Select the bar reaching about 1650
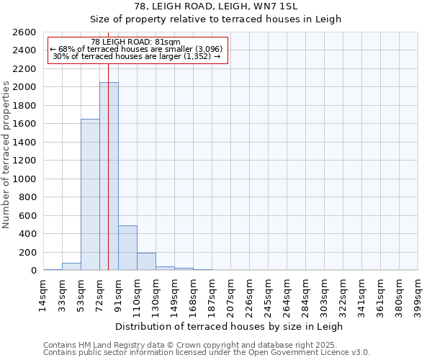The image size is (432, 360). (x=90, y=194)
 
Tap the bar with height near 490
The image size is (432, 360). (x=127, y=248)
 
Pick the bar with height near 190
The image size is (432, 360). (x=146, y=261)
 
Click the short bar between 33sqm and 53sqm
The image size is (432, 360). (x=71, y=266)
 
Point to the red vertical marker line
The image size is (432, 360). (x=108, y=144)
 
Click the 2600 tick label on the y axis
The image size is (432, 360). (x=24, y=32)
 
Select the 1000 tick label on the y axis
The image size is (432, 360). (x=24, y=179)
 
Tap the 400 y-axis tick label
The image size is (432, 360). (x=27, y=234)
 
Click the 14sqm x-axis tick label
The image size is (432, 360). (x=44, y=293)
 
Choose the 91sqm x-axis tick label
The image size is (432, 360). (x=119, y=293)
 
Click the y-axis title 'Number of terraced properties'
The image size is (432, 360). (x=7, y=155)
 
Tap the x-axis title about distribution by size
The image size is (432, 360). (x=229, y=326)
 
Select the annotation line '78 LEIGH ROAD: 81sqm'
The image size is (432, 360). (x=136, y=42)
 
